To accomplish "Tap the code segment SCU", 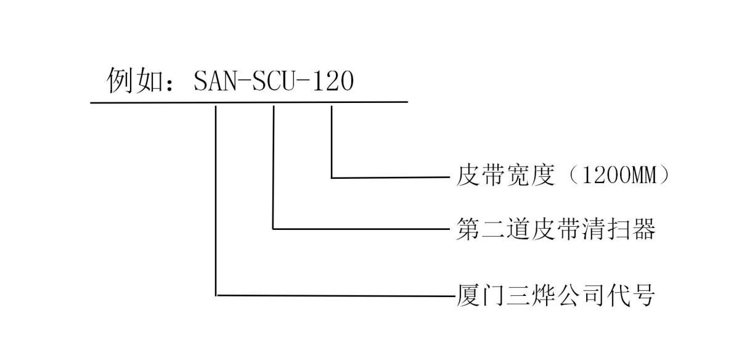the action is pyautogui.click(x=274, y=81).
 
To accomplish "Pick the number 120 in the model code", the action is pyautogui.click(x=333, y=81).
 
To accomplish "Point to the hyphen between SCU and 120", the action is pyautogui.click(x=304, y=82).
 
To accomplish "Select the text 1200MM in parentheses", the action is pyautogui.click(x=620, y=176).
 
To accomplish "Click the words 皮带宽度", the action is pyautogui.click(x=505, y=176).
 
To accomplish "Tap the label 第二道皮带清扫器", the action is pyautogui.click(x=556, y=229).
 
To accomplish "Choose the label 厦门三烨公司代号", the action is pyautogui.click(x=556, y=295).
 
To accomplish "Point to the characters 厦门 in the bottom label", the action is pyautogui.click(x=481, y=295).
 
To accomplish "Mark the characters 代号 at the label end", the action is pyautogui.click(x=631, y=295).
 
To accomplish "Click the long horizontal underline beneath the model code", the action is pyautogui.click(x=249, y=102).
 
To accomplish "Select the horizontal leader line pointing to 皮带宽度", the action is pyautogui.click(x=391, y=178).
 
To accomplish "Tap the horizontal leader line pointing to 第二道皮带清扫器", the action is pyautogui.click(x=361, y=229).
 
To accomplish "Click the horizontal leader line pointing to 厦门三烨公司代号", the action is pyautogui.click(x=336, y=296).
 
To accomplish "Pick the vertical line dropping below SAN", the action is pyautogui.click(x=216, y=200).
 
